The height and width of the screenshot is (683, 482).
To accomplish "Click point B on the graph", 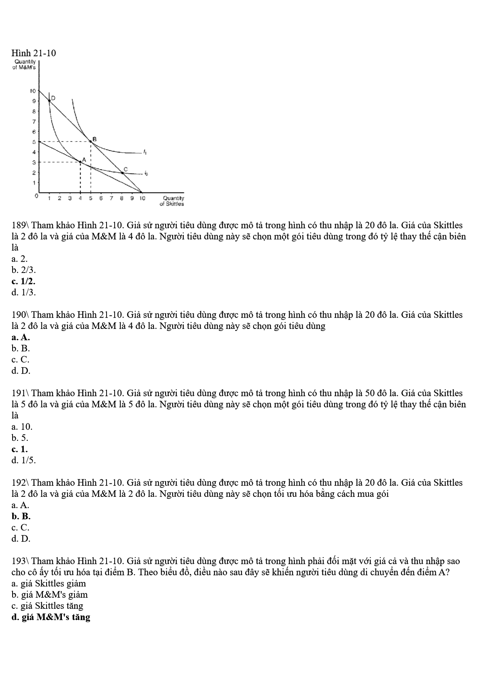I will click(x=90, y=142).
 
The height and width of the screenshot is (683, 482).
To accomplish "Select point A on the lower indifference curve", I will click(x=80, y=162).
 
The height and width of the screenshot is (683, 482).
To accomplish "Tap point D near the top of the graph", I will click(x=49, y=100).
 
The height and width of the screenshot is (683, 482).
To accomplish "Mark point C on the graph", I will click(x=122, y=172).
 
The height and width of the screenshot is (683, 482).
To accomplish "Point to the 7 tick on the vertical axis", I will click(x=34, y=121).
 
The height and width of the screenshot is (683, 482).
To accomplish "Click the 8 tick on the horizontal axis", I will click(x=122, y=198).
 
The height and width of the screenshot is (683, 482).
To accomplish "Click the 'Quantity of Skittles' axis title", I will click(x=172, y=201).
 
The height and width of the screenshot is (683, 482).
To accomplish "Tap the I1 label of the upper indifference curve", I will click(x=145, y=152).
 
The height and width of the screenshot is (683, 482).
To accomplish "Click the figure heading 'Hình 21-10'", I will click(x=34, y=53).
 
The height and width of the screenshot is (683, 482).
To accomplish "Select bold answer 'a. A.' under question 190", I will click(x=21, y=337).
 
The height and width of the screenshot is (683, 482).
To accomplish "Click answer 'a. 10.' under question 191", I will click(x=22, y=427).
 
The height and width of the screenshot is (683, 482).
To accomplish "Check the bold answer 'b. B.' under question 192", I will click(x=21, y=516).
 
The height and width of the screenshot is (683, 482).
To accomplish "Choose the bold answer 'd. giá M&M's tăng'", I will click(x=51, y=617).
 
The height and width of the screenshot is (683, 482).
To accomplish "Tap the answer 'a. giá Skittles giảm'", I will click(x=49, y=584).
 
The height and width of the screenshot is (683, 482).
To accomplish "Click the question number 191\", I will click(x=20, y=393).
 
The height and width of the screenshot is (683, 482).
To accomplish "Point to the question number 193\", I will click(x=20, y=561).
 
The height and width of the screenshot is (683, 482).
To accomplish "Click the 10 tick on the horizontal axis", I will click(x=142, y=198).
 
